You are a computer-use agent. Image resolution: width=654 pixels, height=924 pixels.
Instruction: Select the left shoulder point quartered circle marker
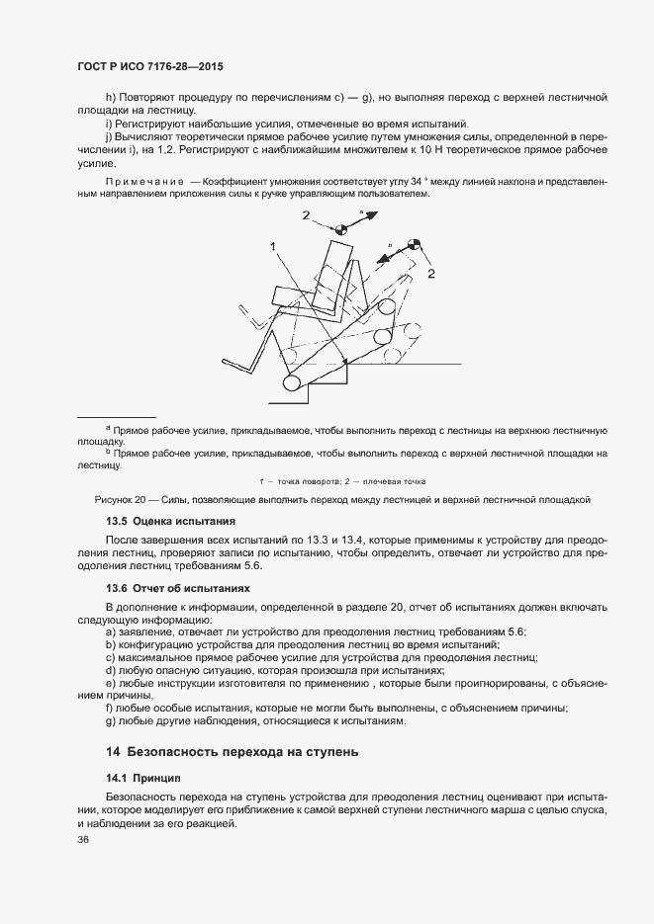(x=341, y=229)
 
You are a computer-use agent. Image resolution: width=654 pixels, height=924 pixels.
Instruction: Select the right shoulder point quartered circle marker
(x=414, y=245)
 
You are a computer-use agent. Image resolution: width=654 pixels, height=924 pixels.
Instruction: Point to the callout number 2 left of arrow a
(x=307, y=215)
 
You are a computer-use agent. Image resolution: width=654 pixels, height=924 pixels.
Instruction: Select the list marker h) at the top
(x=110, y=99)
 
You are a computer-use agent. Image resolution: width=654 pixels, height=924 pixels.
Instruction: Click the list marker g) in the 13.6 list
(x=110, y=721)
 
